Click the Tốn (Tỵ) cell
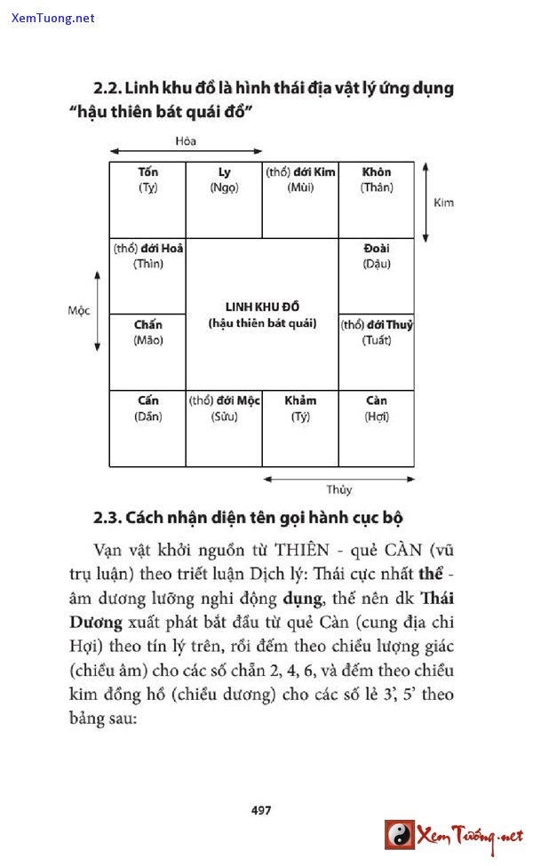(147, 200)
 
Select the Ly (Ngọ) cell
(224, 200)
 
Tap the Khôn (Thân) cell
(377, 200)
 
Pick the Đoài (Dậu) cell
(377, 275)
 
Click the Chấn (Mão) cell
(147, 352)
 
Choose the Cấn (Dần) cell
(147, 428)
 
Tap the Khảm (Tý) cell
(300, 428)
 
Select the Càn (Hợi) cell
(377, 428)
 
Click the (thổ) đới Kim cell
(300, 200)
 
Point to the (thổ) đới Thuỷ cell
(377, 352)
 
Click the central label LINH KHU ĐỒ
(262, 307)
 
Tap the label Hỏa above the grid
(186, 140)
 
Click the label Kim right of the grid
(443, 203)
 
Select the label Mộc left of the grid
(79, 311)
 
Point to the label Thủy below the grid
(338, 489)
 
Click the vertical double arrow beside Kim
(426, 203)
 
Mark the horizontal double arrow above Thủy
(338, 480)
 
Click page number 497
(261, 810)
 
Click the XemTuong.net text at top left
(53, 18)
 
